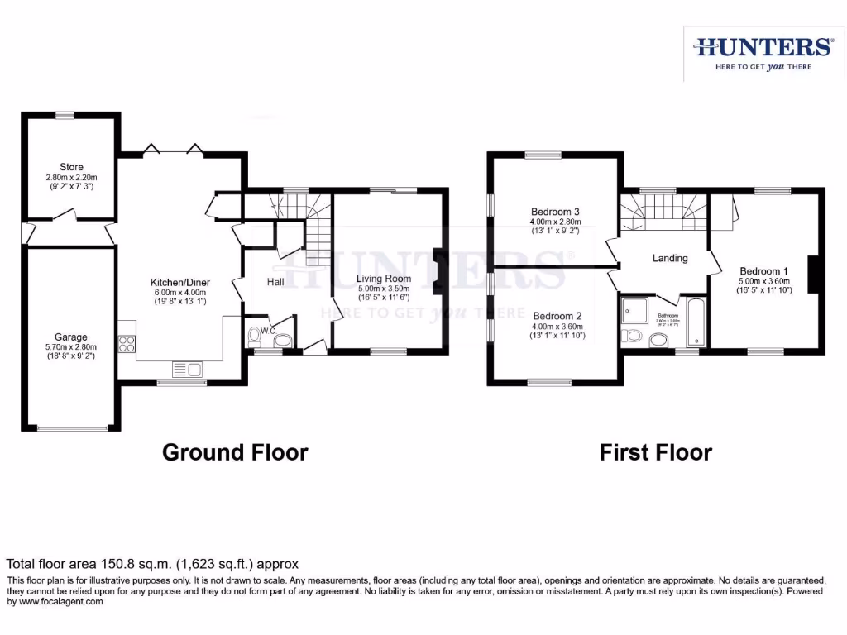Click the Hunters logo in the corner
coord(763,47)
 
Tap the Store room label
coord(71,168)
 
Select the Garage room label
coord(71,337)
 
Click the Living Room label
coord(384,279)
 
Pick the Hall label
coord(275,282)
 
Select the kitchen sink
coord(183,368)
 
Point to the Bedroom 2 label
coord(556,316)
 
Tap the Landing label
coord(670,258)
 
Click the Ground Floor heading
coord(235,452)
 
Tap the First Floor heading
coord(655,452)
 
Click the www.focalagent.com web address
coord(55,602)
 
